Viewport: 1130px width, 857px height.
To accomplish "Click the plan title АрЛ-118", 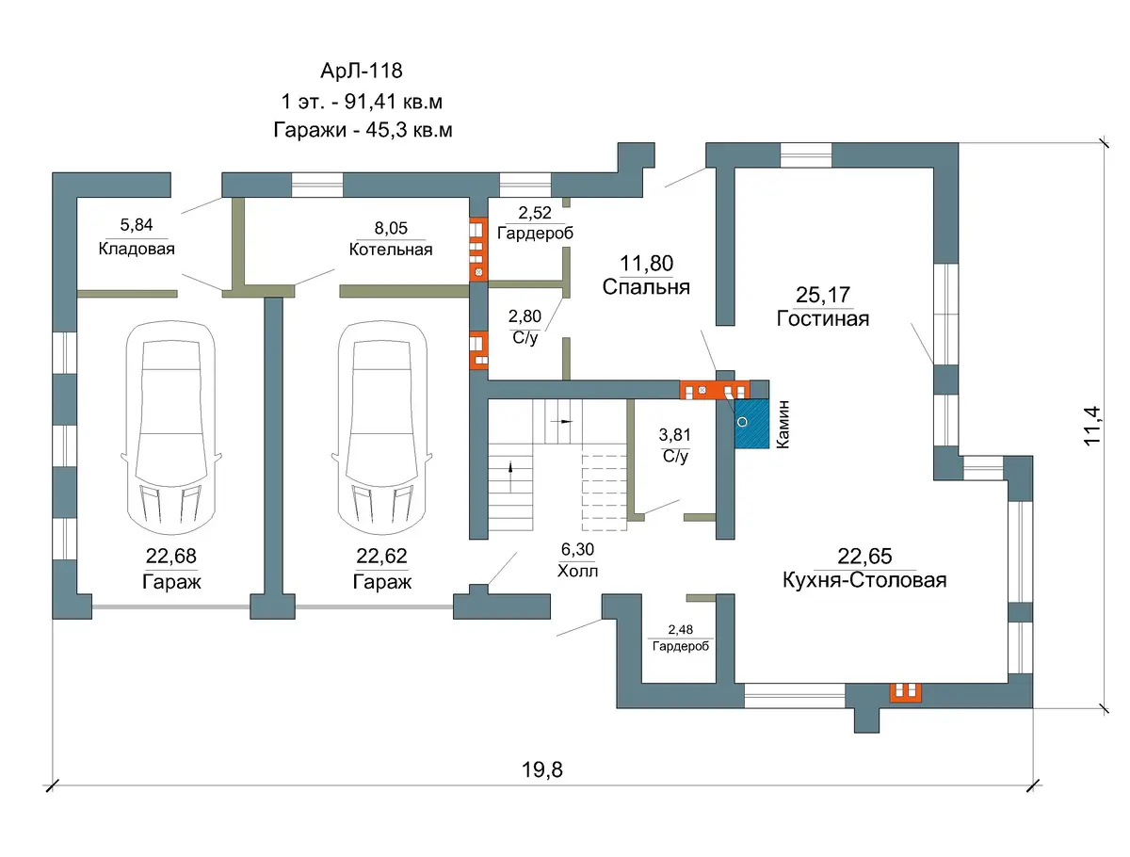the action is [362, 71].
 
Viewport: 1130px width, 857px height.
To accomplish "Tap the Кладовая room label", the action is [137, 250].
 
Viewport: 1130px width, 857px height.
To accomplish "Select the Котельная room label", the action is [391, 250].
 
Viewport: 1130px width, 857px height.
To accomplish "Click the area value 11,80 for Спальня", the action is [646, 264].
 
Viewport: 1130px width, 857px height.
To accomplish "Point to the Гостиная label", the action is [823, 318].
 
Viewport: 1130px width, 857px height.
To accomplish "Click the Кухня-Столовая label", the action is [864, 580].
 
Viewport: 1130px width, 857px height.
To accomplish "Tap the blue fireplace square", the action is [751, 424].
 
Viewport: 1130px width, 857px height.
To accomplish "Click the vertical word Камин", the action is [783, 425].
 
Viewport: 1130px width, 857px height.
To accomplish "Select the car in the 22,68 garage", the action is [171, 428].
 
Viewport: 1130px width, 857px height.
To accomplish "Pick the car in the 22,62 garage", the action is [382, 428].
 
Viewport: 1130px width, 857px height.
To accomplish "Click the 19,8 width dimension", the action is [542, 770].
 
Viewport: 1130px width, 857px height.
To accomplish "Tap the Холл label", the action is [577, 571].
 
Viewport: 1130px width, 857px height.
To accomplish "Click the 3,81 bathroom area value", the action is [674, 435].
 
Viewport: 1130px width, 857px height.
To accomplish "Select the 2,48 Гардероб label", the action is [681, 638].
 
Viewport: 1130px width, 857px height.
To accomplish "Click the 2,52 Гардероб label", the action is [535, 223].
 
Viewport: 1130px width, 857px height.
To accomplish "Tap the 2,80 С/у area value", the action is [525, 316].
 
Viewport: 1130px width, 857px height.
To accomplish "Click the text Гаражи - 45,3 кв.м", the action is [363, 130].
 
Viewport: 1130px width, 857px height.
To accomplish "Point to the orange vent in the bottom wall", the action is [906, 692].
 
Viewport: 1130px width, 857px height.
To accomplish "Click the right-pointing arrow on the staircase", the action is [565, 422].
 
